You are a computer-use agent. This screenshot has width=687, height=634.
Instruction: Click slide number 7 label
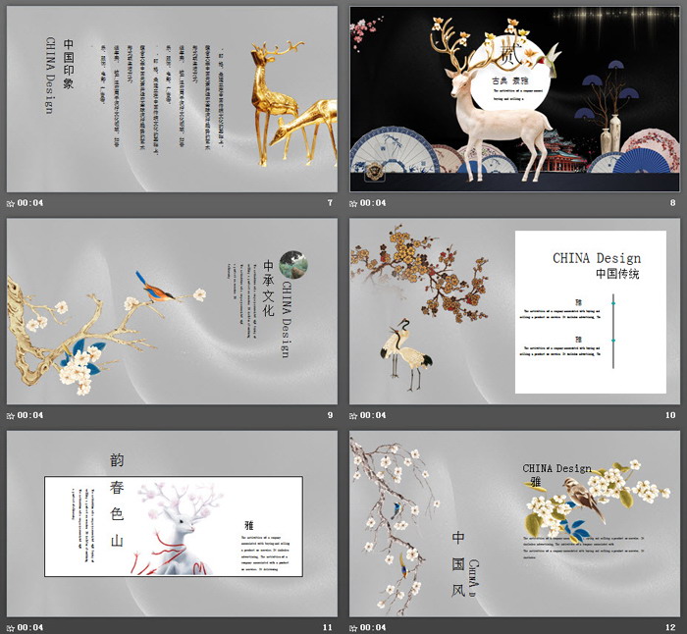coord(330,203)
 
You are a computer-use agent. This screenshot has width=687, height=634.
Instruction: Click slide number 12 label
coord(671,626)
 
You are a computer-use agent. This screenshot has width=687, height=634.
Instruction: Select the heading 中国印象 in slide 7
coord(69,64)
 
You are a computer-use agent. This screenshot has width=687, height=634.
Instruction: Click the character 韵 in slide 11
coord(118,460)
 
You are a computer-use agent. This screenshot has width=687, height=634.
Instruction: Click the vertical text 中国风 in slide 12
coord(457,564)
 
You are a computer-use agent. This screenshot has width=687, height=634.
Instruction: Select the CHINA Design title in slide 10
coord(597,258)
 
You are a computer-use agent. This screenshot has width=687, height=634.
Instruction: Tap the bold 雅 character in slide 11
coord(249,525)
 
